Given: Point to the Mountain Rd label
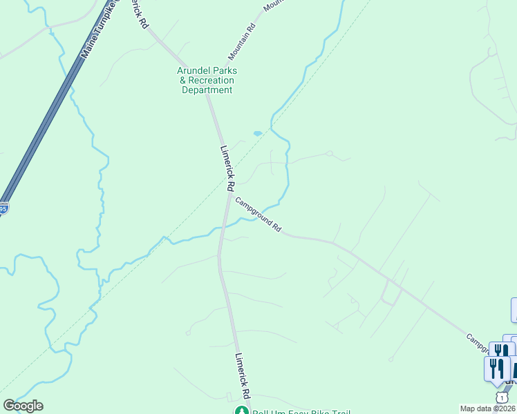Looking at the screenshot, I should click(x=243, y=41).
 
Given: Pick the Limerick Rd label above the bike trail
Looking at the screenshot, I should click(x=241, y=375).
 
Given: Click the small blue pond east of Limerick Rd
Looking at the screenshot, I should click(x=258, y=133).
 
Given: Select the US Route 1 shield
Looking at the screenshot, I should click(x=500, y=397).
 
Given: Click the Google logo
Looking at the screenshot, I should click(x=23, y=406).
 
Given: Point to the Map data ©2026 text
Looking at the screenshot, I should click(x=487, y=408).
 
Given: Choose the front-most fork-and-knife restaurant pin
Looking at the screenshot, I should click(x=496, y=369).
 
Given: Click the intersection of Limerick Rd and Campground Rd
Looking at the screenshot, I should click(x=229, y=194).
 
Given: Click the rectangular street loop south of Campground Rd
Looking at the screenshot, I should click(x=391, y=295).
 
